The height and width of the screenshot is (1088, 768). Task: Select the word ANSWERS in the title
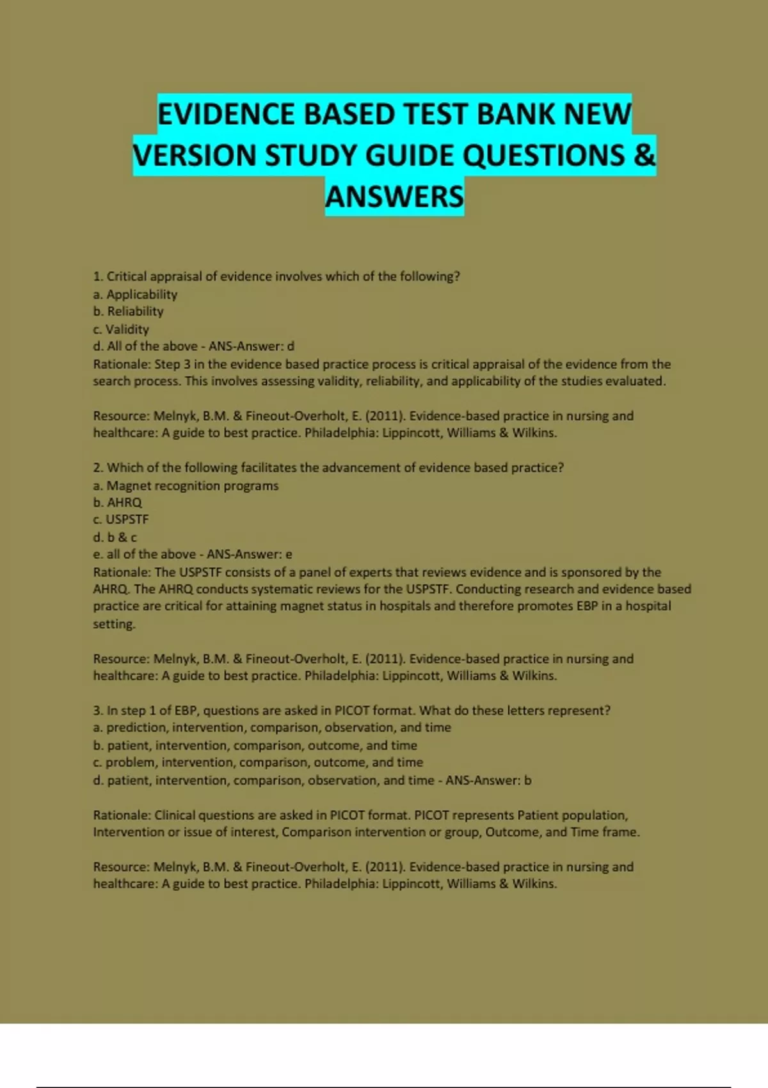(394, 196)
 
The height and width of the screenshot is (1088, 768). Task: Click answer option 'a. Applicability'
(135, 294)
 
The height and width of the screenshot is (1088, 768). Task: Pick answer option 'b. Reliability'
(128, 312)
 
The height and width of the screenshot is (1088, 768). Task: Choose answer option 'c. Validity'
(121, 329)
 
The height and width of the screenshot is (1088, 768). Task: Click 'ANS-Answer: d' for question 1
(252, 346)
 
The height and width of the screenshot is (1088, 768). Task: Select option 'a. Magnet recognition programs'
(186, 486)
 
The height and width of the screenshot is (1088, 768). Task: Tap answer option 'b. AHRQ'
(118, 502)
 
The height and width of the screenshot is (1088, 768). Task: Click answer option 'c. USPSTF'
(120, 520)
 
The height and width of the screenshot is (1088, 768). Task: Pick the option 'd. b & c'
(115, 537)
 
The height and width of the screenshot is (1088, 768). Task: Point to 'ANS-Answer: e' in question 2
(249, 554)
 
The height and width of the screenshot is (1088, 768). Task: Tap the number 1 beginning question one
(97, 276)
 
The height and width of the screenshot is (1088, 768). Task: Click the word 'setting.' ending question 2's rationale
(115, 624)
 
